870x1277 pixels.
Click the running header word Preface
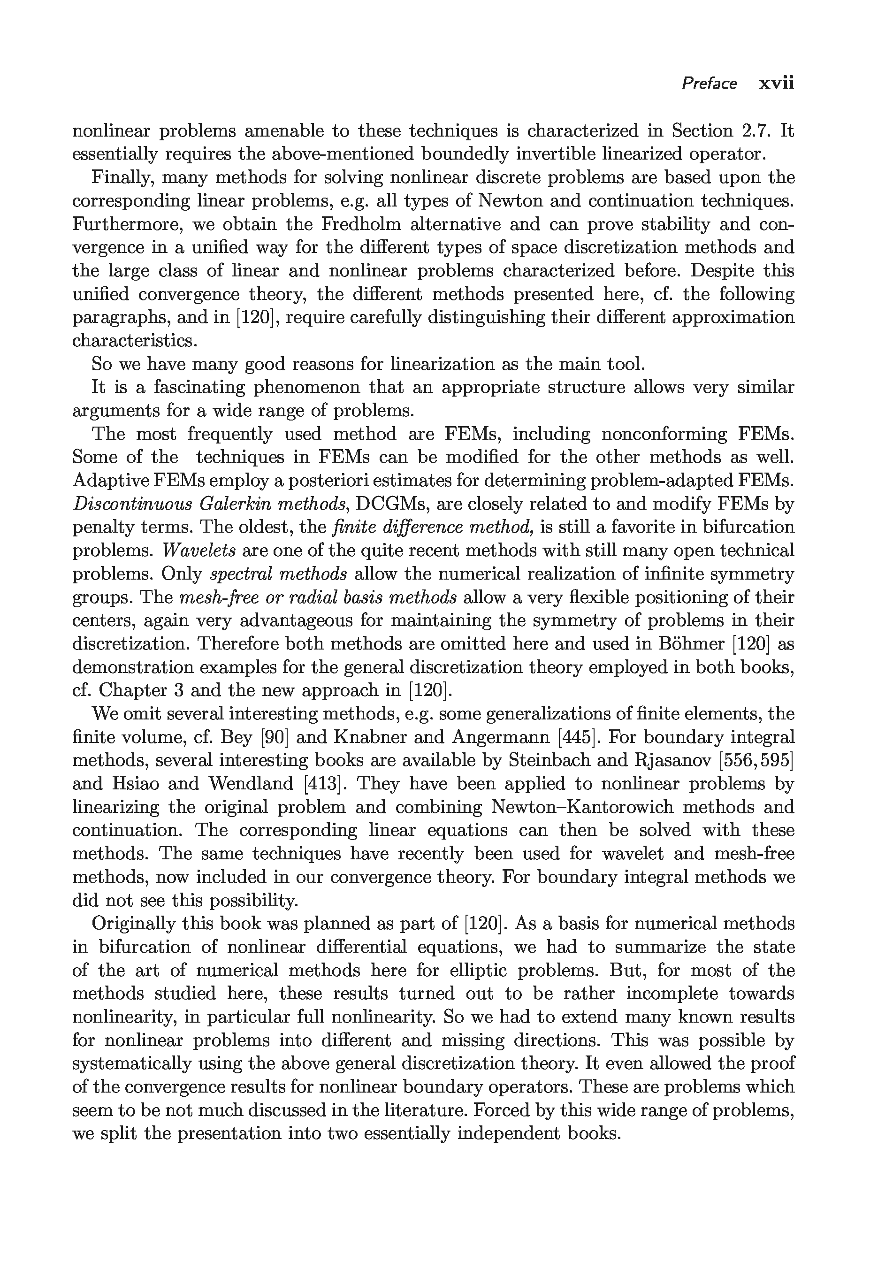(x=709, y=84)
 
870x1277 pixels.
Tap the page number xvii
(x=776, y=84)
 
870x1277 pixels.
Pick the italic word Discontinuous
(x=132, y=504)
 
